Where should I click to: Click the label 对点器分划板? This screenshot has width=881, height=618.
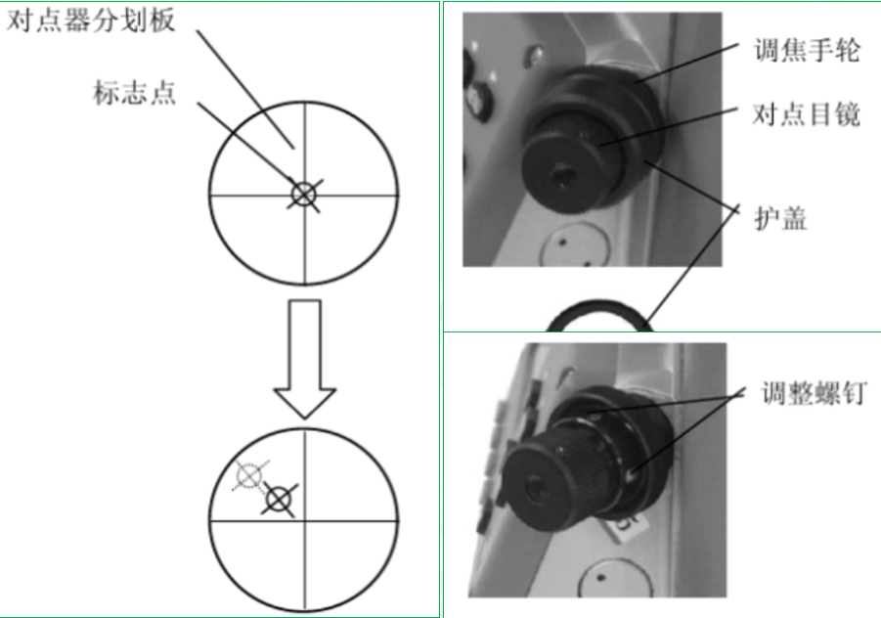click(x=91, y=21)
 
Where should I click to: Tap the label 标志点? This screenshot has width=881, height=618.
click(x=134, y=93)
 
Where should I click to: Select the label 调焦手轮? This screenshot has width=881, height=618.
click(x=807, y=51)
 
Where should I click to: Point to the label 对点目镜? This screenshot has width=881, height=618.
click(x=807, y=114)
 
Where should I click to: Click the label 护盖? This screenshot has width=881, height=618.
click(x=780, y=218)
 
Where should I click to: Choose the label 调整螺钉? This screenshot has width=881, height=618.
click(x=814, y=393)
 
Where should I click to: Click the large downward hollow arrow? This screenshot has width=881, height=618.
click(x=304, y=359)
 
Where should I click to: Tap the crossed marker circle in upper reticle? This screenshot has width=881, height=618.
click(x=304, y=195)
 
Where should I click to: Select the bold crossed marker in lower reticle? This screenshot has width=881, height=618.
click(x=280, y=500)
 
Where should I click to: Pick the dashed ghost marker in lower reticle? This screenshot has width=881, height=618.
click(x=249, y=476)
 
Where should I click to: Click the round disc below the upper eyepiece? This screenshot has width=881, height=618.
click(x=574, y=245)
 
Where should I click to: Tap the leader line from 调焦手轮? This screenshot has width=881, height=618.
click(x=687, y=64)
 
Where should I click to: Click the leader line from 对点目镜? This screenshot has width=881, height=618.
click(x=669, y=127)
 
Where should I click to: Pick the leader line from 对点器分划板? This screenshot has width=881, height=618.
click(x=245, y=89)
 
